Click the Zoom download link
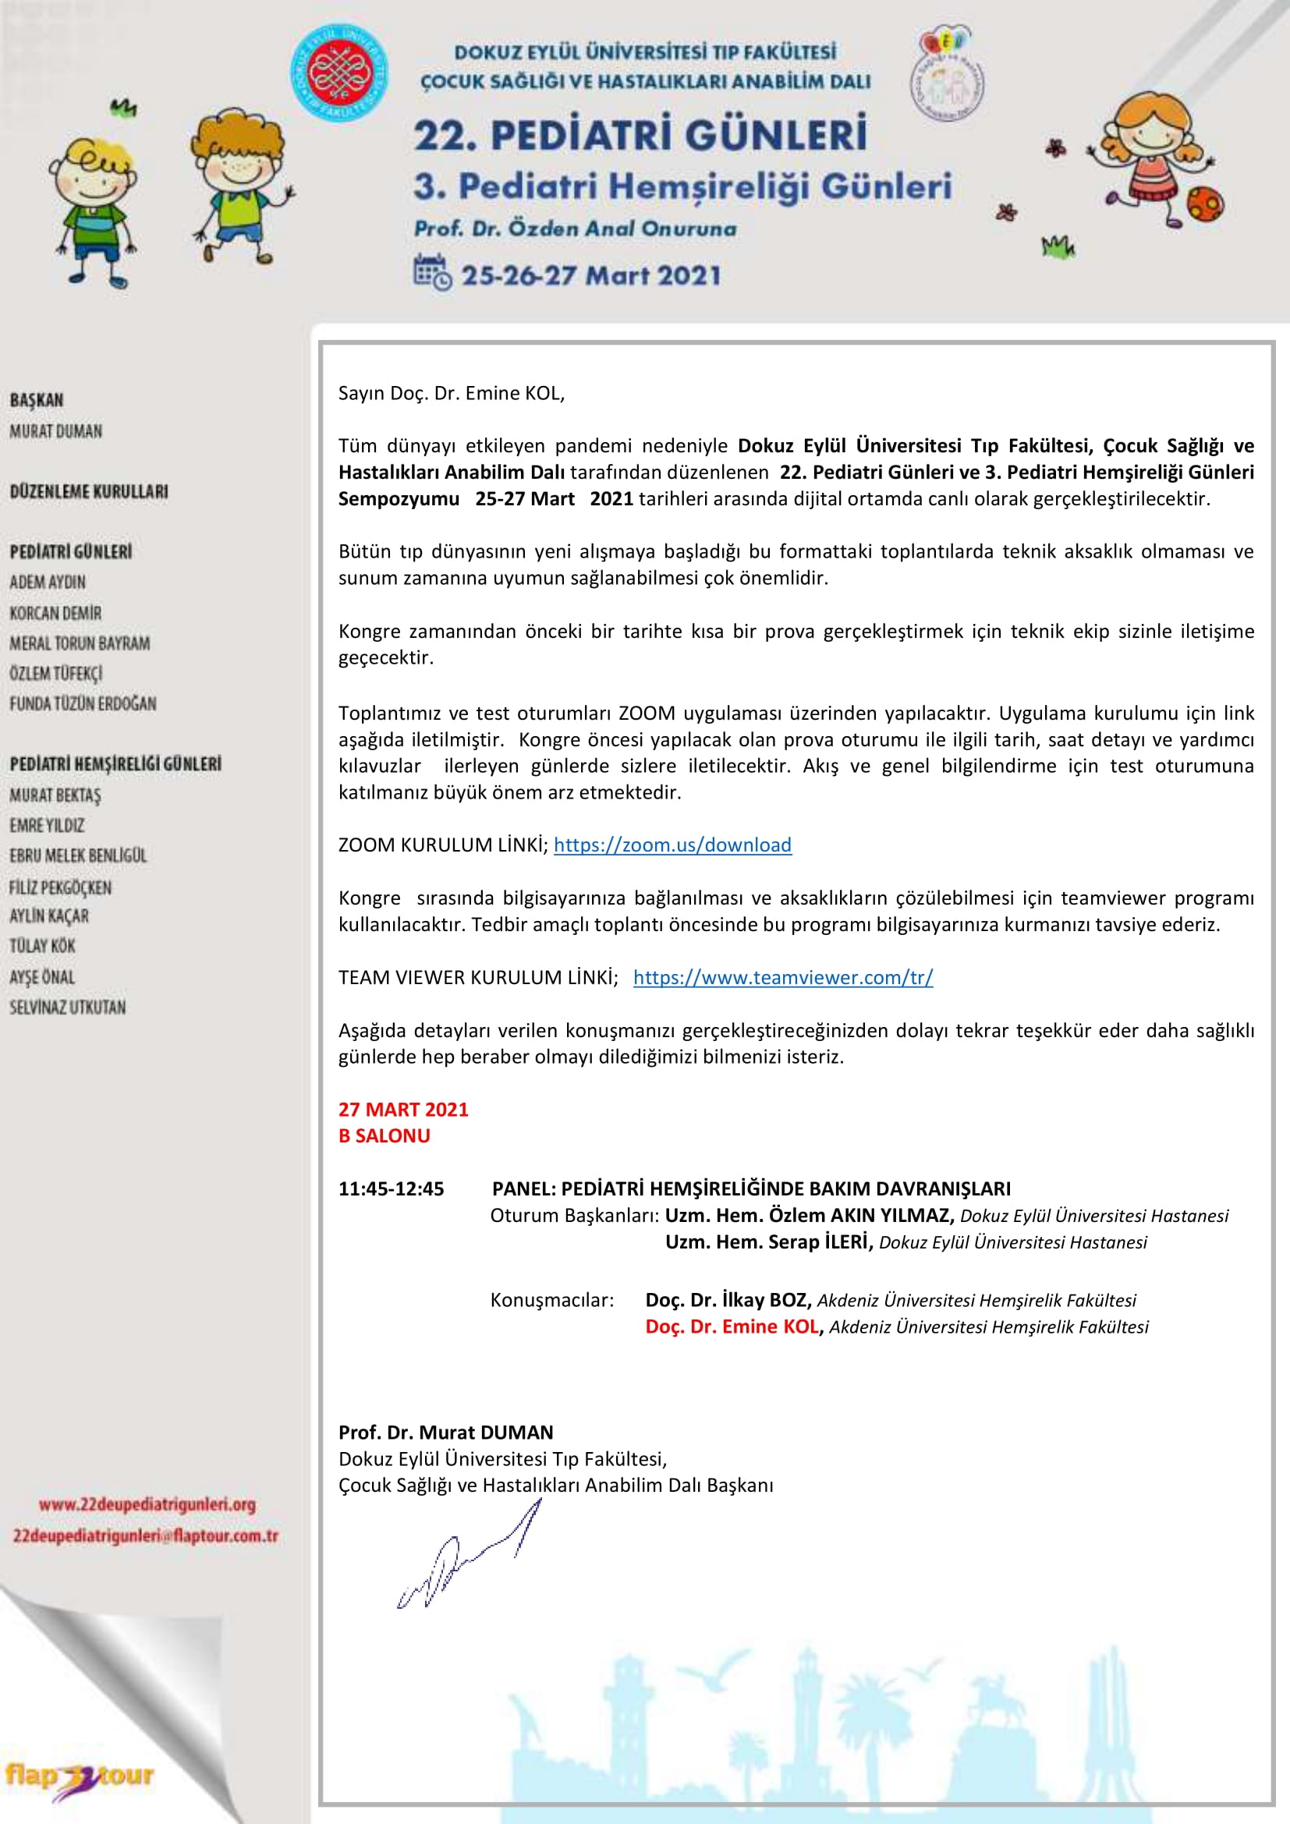point(672,845)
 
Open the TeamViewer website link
point(782,977)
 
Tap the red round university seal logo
point(340,73)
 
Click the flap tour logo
point(80,1776)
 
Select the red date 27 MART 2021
point(402,1110)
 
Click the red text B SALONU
point(384,1136)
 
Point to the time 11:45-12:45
point(391,1188)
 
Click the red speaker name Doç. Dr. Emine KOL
point(731,1326)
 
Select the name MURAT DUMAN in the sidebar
point(55,431)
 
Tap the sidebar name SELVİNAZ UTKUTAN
point(68,1008)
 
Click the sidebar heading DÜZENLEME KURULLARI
point(89,492)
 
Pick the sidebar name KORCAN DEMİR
point(55,613)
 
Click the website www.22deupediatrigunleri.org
point(147,1503)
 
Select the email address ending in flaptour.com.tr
point(145,1535)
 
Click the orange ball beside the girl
point(1205,204)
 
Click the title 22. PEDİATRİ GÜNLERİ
point(640,135)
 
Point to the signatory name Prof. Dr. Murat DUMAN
point(445,1433)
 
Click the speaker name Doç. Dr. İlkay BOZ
point(728,1301)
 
